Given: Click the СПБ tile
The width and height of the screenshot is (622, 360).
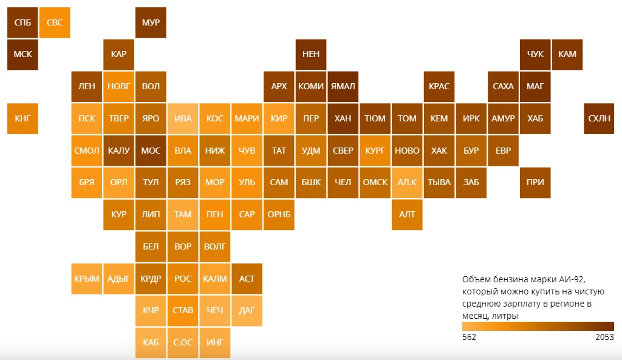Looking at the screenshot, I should tap(22, 22).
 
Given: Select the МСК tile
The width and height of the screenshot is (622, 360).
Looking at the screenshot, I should tap(22, 54).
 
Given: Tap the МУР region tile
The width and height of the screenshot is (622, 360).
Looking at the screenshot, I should tap(151, 22).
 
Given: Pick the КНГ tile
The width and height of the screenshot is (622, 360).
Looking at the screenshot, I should tap(22, 118).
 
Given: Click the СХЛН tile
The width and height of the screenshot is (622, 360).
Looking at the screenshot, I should tap(600, 118).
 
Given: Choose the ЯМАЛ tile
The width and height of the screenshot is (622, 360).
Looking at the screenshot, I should tap(343, 86).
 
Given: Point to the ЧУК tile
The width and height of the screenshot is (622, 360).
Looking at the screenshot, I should tap(535, 54).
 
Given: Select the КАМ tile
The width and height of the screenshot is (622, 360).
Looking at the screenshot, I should tap(567, 54).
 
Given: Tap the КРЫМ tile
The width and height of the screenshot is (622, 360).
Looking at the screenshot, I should tap(86, 279).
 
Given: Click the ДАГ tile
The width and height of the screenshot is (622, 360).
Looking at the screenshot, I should tap(247, 310).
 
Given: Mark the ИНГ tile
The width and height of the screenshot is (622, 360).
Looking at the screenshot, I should tap(215, 342).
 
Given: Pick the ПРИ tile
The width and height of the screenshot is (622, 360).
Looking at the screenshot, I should tap(535, 182).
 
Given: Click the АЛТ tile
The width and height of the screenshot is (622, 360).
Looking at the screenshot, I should tap(407, 214).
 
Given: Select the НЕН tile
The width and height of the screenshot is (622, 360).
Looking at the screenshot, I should tap(311, 54).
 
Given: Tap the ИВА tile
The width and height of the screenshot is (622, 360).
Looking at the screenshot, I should tap(183, 118).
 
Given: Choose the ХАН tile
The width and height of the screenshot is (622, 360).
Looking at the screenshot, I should tap(343, 118).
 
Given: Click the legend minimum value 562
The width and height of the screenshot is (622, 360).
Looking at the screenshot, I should tap(469, 338).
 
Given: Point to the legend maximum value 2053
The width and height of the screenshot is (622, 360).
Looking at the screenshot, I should tap(604, 338).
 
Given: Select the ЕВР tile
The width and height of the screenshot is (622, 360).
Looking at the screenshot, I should tap(503, 151).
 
